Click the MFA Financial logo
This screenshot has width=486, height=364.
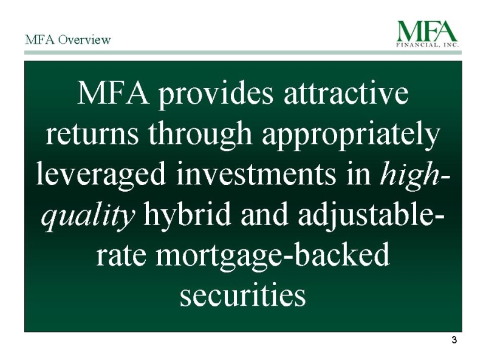428,34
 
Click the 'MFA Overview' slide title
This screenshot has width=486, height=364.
67,39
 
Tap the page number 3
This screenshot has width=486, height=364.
454,340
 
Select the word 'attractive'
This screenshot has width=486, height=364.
346,93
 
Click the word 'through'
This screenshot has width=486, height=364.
200,135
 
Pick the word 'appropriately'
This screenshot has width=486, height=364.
351,135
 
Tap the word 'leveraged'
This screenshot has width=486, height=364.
101,175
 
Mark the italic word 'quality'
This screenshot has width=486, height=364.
88,215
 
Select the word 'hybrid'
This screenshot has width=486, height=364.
187,215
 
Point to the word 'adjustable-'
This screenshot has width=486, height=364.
371,215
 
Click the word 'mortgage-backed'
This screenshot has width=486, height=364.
272,256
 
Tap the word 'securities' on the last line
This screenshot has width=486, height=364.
242,295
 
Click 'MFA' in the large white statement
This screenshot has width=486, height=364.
112,93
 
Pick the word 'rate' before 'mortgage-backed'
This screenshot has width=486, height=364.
121,256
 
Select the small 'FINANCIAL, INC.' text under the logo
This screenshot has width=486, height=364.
428,45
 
